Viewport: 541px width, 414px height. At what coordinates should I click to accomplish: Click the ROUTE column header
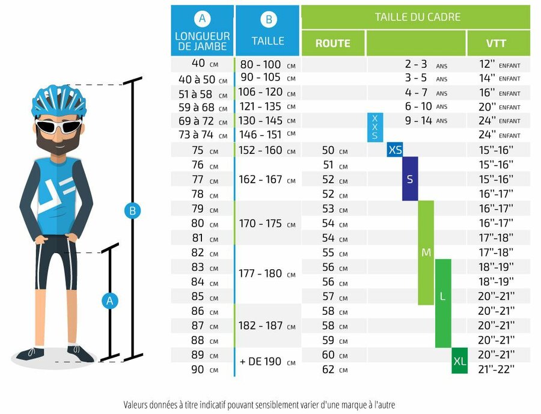[x=333, y=43]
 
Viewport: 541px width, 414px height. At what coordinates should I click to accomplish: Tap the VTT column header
[x=498, y=43]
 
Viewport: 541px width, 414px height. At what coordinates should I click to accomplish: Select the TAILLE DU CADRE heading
[x=417, y=17]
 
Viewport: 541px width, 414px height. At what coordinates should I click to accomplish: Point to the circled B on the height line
[x=132, y=211]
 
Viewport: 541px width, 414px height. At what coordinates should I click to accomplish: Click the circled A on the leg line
[x=109, y=301]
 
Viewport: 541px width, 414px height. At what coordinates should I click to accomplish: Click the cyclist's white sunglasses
[x=58, y=126]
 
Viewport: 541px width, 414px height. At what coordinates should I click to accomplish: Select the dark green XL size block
[x=459, y=361]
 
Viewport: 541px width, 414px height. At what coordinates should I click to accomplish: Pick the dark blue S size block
[x=410, y=179]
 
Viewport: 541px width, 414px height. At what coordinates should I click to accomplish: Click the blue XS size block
[x=395, y=150]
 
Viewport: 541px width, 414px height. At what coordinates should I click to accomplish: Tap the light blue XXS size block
[x=374, y=127]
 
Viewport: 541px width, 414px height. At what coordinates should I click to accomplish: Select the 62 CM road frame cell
[x=334, y=370]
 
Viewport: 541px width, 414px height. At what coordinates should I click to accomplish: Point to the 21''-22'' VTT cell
[x=497, y=370]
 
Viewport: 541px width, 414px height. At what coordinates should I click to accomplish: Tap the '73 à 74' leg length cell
[x=203, y=135]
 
